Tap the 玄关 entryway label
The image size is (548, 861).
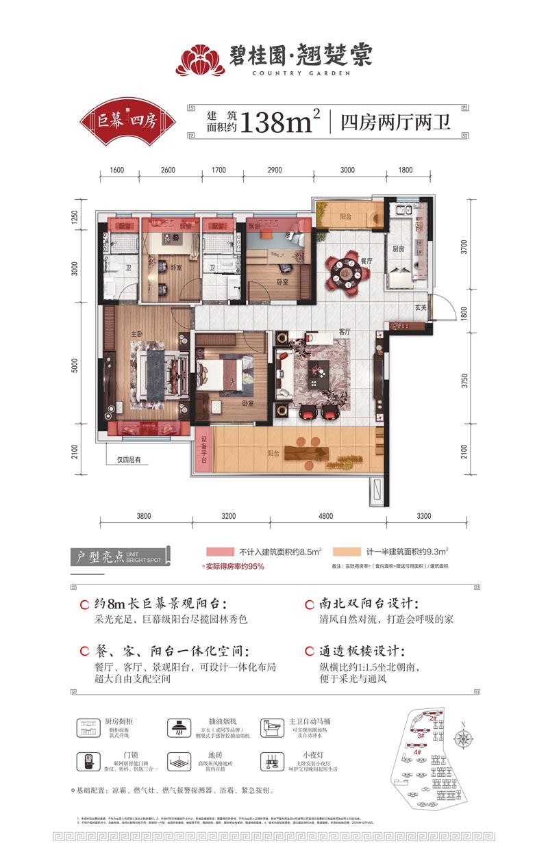pos(421,307)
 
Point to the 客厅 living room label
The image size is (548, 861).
pos(344,331)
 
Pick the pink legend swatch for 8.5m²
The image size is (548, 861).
pos(219,551)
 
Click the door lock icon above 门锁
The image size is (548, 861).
pos(88,762)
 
